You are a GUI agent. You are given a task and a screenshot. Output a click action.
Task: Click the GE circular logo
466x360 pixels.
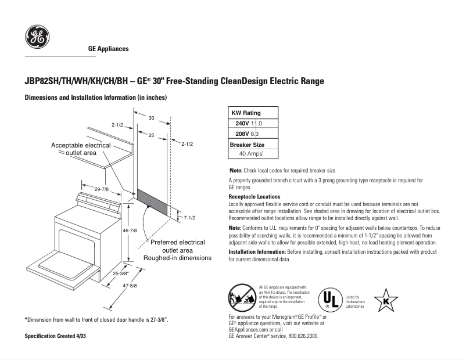[37, 37]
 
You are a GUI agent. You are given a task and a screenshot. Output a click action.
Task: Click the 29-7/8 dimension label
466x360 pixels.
[102, 189]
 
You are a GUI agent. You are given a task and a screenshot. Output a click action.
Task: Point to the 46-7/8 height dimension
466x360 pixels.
[129, 231]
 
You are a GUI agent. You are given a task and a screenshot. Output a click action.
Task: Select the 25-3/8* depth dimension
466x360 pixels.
[121, 272]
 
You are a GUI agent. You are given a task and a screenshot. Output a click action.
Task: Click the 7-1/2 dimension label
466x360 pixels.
[189, 218]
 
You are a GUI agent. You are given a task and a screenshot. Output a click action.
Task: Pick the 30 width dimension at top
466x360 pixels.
[151, 118]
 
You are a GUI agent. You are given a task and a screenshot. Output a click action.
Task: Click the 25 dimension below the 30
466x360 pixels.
[151, 135]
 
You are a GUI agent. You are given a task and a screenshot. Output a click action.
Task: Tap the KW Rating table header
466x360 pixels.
[246, 113]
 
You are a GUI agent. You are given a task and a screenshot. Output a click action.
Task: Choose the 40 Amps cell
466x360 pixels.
[252, 154]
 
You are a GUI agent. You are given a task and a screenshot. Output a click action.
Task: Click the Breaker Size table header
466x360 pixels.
[247, 144]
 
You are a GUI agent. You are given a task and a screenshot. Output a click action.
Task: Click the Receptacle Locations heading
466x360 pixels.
[254, 197]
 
